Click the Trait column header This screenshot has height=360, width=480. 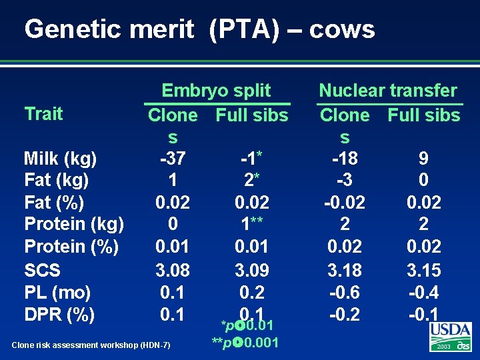[43, 113]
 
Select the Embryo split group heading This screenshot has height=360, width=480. [217, 91]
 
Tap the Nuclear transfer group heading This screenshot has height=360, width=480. [388, 91]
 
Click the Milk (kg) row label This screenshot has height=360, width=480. [61, 159]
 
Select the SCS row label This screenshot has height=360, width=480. [42, 270]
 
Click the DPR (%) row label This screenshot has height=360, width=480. [59, 314]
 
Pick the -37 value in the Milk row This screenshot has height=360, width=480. [172, 159]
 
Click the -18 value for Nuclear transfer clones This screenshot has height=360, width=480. [345, 159]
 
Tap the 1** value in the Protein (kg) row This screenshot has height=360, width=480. [252, 224]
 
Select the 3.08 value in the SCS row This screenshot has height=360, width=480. [172, 270]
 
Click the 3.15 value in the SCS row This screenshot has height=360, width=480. [424, 270]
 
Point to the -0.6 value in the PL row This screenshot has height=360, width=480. [345, 292]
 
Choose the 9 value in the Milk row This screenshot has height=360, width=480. [424, 159]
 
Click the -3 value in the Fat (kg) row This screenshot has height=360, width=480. [345, 180]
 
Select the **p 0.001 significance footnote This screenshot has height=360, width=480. [245, 343]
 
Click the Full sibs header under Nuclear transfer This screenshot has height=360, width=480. [424, 115]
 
